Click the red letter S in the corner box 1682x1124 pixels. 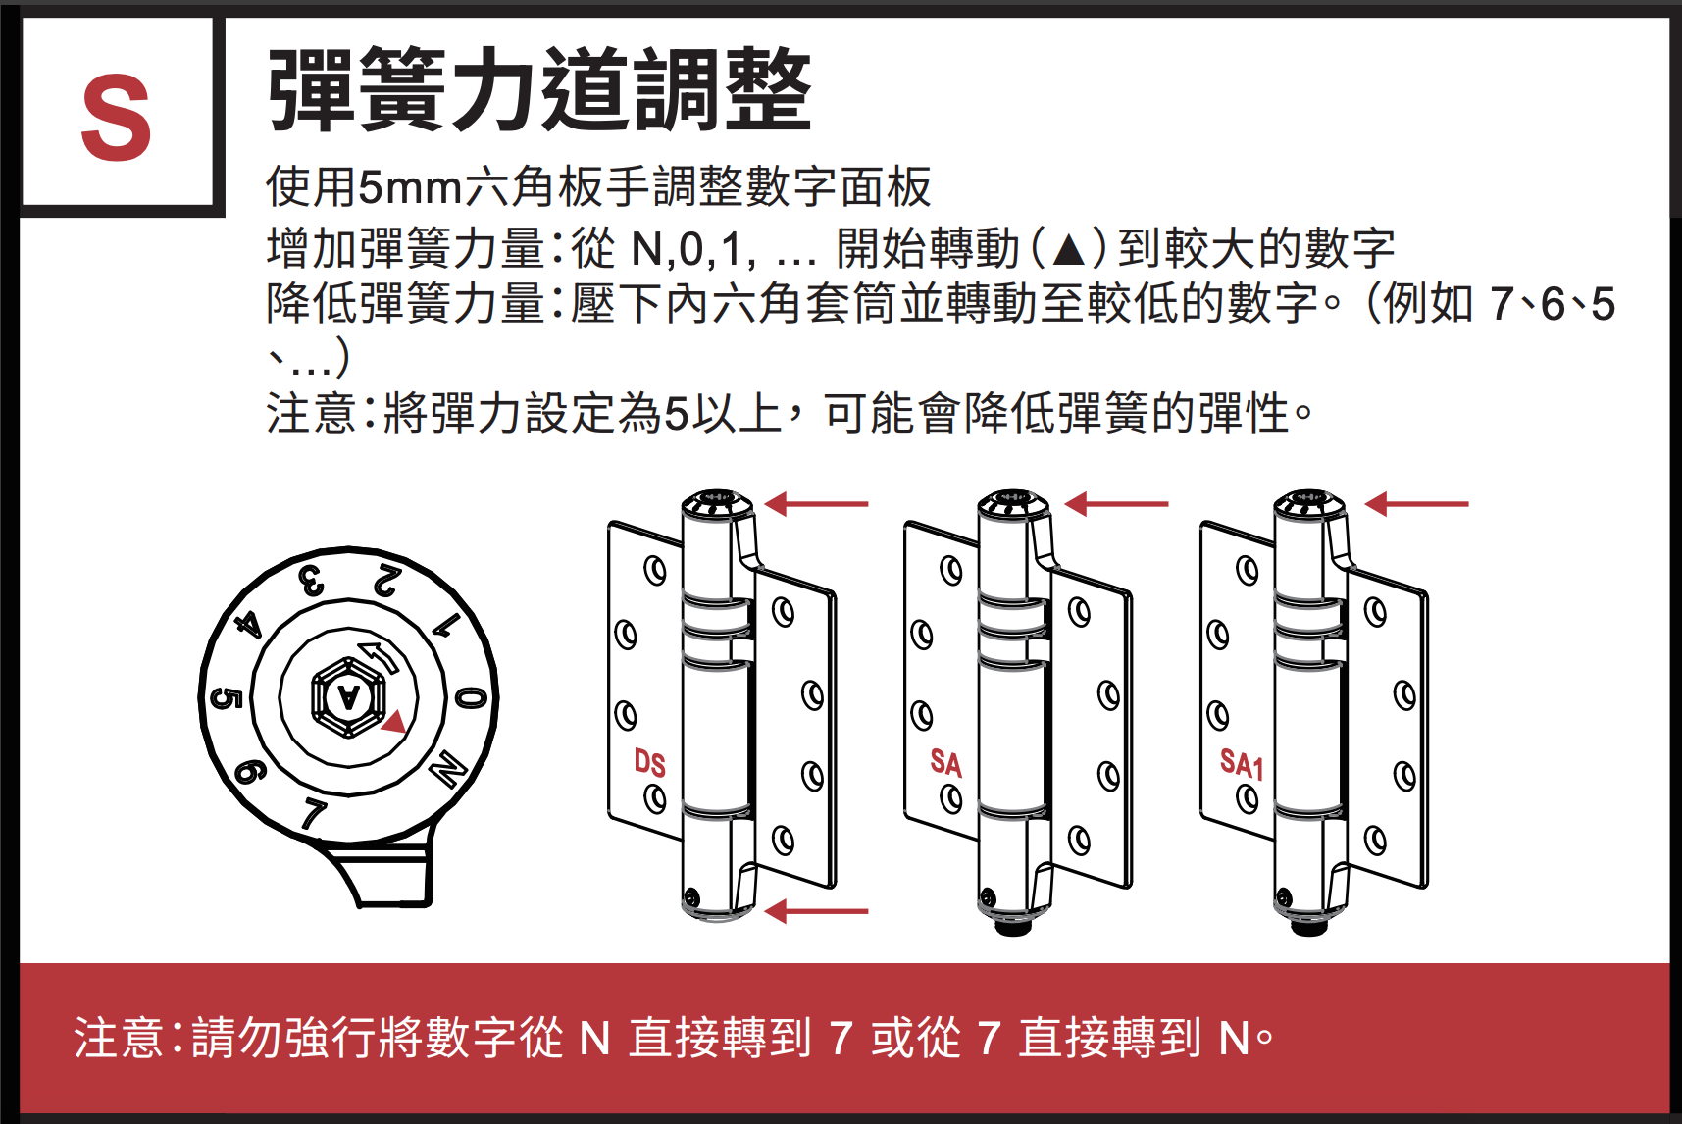tap(117, 118)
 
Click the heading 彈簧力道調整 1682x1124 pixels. tap(539, 89)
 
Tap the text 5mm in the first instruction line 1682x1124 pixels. tap(410, 186)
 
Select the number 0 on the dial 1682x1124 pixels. tap(471, 697)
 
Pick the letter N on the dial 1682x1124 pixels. tap(448, 769)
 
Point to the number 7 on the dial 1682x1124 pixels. tap(313, 813)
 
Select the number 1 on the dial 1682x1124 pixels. tap(446, 625)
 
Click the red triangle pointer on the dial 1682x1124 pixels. tap(394, 722)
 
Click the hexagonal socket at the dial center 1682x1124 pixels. tap(348, 696)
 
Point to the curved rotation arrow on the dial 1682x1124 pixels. tap(379, 655)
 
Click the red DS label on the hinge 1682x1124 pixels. tap(649, 763)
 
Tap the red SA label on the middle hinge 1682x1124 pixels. tap(946, 763)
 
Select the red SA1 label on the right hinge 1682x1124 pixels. tap(1242, 763)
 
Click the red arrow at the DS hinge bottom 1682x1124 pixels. tap(816, 911)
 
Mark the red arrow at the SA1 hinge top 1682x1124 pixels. tap(1416, 504)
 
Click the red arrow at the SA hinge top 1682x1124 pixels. tap(1116, 504)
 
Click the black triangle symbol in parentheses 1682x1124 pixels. tap(1068, 249)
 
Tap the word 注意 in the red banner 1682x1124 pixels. tap(119, 1038)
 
